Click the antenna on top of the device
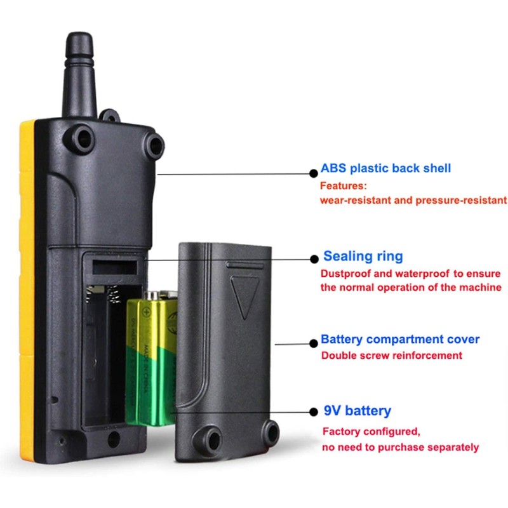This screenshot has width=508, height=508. (x=81, y=70)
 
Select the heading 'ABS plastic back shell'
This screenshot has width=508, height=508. (x=385, y=168)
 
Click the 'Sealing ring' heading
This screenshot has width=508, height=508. (x=363, y=257)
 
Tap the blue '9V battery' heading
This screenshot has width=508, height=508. (x=358, y=411)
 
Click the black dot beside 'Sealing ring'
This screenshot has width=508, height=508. (x=313, y=258)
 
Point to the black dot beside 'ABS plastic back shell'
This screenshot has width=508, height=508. (x=313, y=172)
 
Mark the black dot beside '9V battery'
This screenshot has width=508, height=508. (x=313, y=411)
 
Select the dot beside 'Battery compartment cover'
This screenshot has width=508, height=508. (x=313, y=343)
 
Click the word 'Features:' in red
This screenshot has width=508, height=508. (x=344, y=187)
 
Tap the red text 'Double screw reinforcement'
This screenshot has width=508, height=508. (x=391, y=356)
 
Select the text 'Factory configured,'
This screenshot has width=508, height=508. (x=371, y=432)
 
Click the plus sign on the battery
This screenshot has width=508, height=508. (x=147, y=312)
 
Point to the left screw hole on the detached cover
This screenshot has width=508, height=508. (x=208, y=436)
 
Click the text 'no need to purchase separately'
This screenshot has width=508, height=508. (x=400, y=448)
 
